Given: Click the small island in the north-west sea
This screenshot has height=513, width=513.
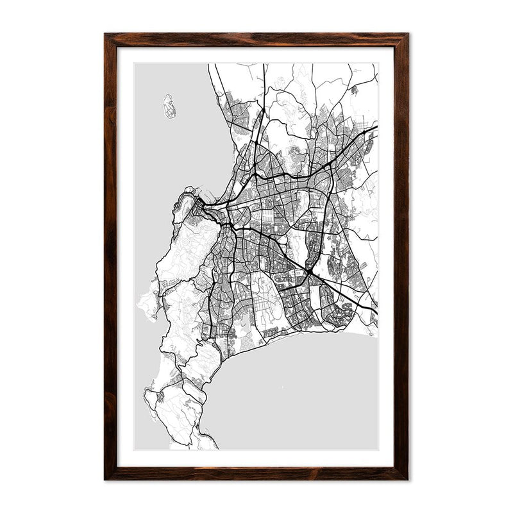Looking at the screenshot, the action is [169, 106].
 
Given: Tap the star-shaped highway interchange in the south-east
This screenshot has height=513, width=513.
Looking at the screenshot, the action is [309, 273].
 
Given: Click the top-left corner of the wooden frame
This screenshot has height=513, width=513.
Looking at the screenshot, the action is [106, 35].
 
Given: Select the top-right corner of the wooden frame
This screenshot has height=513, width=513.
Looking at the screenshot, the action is [407, 35].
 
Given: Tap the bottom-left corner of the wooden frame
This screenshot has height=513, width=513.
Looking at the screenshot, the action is [106, 478].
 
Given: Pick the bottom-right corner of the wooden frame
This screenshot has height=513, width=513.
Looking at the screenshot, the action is [407, 478].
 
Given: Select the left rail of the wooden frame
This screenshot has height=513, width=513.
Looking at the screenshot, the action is [110, 256].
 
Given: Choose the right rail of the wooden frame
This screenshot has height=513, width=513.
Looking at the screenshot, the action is [401, 256].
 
